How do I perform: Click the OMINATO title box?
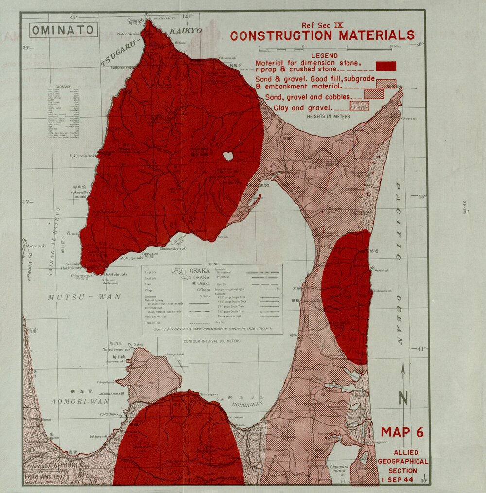click(63, 30)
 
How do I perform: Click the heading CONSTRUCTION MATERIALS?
click(322, 36)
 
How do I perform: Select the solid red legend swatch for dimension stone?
click(386, 66)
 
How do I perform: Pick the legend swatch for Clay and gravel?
click(359, 106)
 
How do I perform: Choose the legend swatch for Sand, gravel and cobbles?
click(374, 94)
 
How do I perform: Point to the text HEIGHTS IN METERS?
click(328, 117)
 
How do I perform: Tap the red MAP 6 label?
click(402, 432)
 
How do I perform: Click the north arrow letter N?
click(403, 399)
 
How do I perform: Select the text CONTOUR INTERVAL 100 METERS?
click(212, 341)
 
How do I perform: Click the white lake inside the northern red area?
click(227, 156)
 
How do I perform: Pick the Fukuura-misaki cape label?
click(84, 156)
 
